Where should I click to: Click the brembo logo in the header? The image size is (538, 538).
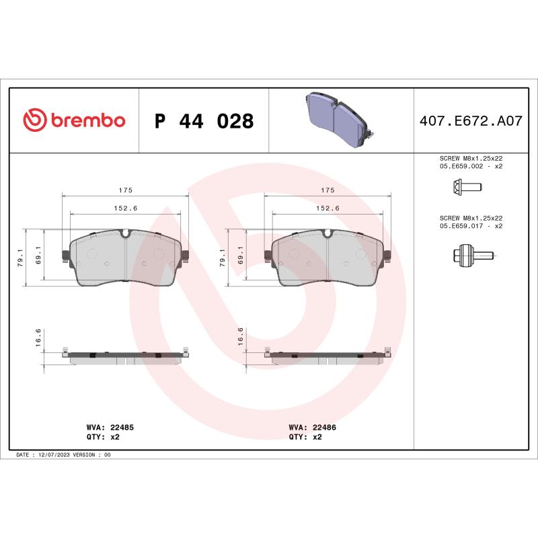[x=74, y=120]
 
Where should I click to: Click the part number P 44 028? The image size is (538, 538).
[x=204, y=122]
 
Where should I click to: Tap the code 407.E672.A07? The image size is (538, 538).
[x=471, y=122]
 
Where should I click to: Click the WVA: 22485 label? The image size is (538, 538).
[x=111, y=427]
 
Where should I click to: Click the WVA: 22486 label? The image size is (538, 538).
[x=313, y=427]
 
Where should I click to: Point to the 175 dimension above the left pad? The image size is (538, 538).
[x=126, y=190]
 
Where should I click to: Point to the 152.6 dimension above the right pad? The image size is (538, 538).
[x=328, y=208]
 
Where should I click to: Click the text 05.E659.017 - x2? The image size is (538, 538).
[x=471, y=226]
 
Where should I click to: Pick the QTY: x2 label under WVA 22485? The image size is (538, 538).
[x=104, y=436]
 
